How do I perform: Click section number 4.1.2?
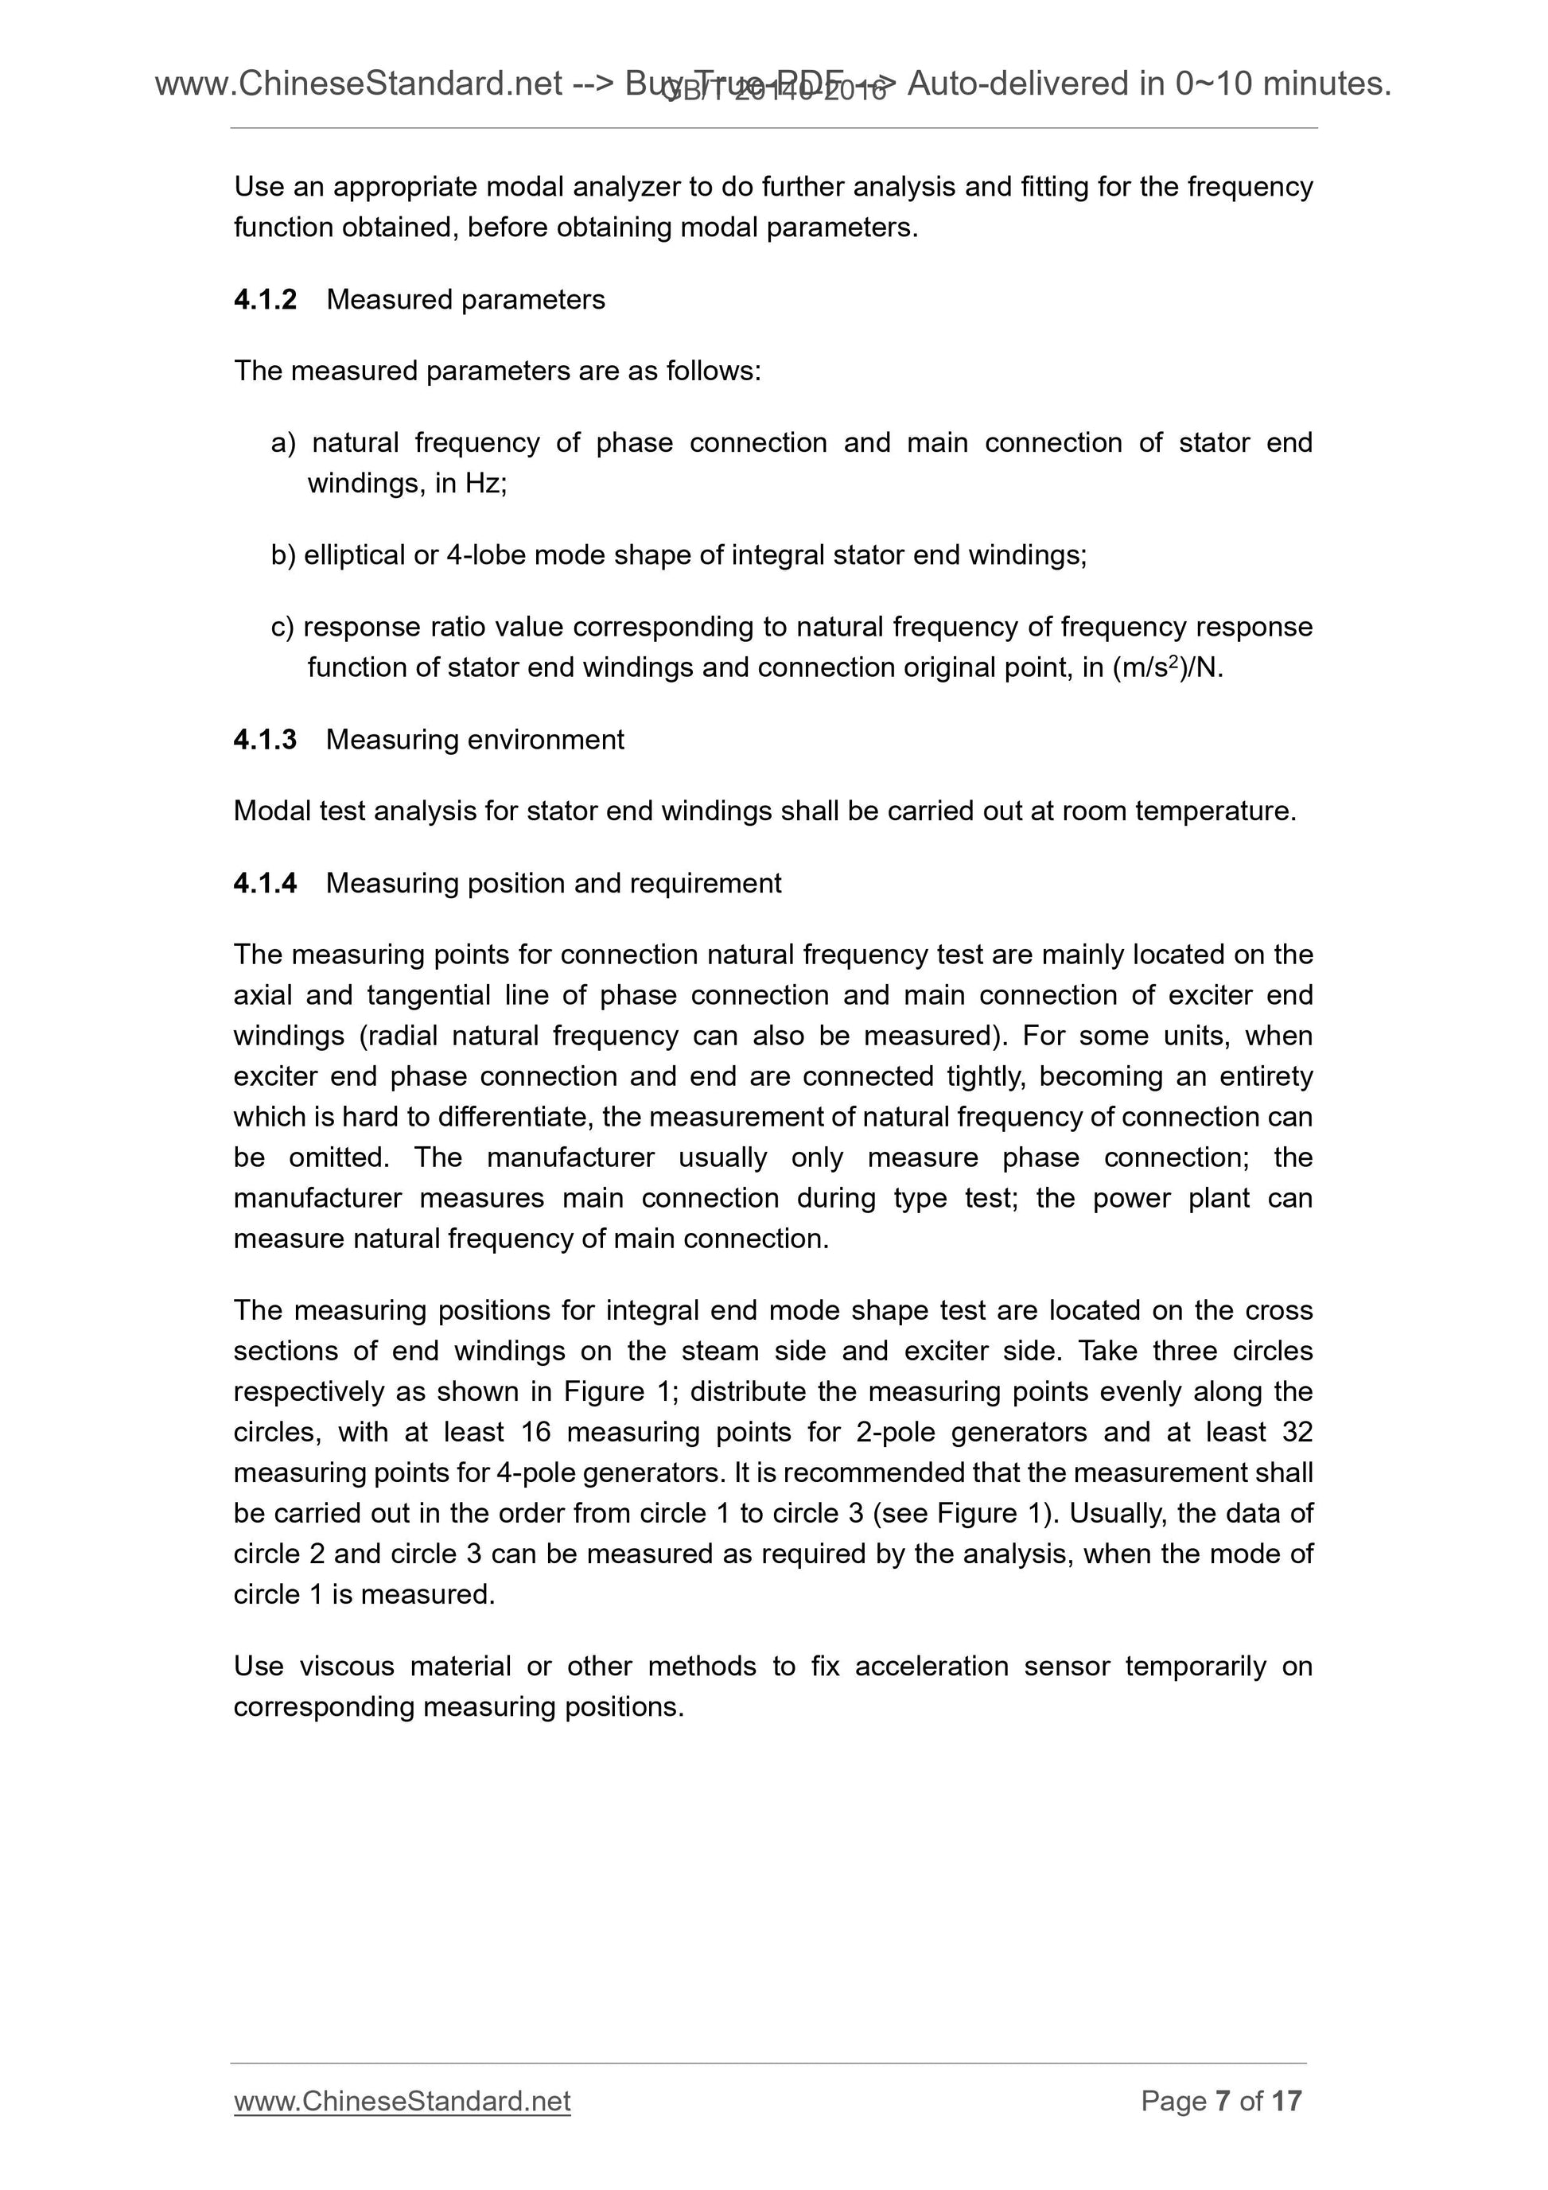[x=265, y=299]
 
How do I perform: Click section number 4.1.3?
[x=265, y=739]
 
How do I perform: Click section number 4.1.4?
[x=265, y=883]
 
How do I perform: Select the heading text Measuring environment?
[x=475, y=739]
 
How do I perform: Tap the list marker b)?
[x=283, y=555]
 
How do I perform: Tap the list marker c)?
[x=283, y=627]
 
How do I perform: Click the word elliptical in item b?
[x=354, y=555]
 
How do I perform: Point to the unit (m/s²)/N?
[x=1168, y=667]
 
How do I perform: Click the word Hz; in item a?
[x=485, y=484]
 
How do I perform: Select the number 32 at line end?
[x=1297, y=1432]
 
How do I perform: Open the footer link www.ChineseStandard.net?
[x=402, y=2126]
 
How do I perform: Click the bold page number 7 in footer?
[x=1223, y=2126]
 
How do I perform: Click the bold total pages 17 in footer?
[x=1286, y=2126]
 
